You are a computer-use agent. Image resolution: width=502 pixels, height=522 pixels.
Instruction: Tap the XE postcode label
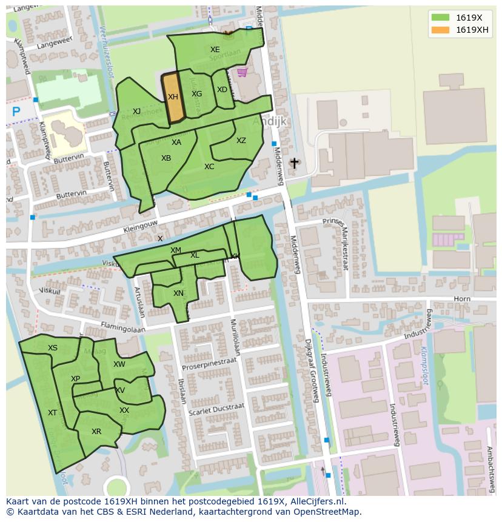215,50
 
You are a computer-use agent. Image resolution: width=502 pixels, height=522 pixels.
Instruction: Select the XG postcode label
196,94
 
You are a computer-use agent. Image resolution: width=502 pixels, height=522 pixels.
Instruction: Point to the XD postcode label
222,90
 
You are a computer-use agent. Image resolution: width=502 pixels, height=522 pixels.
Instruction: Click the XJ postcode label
136,112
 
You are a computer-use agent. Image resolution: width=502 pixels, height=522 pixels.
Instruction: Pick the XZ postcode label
241,141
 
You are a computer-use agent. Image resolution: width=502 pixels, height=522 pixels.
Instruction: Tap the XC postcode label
209,167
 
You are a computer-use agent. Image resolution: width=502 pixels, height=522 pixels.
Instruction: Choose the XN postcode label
178,293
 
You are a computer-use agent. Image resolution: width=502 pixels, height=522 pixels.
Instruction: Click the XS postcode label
53,348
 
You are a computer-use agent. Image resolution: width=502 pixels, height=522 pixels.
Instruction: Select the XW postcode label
119,364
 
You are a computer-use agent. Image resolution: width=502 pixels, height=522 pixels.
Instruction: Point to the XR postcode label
96,432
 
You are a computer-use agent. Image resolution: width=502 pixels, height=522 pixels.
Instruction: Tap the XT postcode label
52,413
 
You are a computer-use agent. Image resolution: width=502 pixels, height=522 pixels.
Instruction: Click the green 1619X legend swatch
440,18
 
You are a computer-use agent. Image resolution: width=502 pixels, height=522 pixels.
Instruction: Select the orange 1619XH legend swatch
440,30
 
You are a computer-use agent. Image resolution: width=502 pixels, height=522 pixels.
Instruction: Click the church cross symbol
295,163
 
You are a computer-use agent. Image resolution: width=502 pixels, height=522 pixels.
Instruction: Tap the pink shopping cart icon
242,73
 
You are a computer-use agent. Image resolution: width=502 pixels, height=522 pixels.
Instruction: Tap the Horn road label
462,299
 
